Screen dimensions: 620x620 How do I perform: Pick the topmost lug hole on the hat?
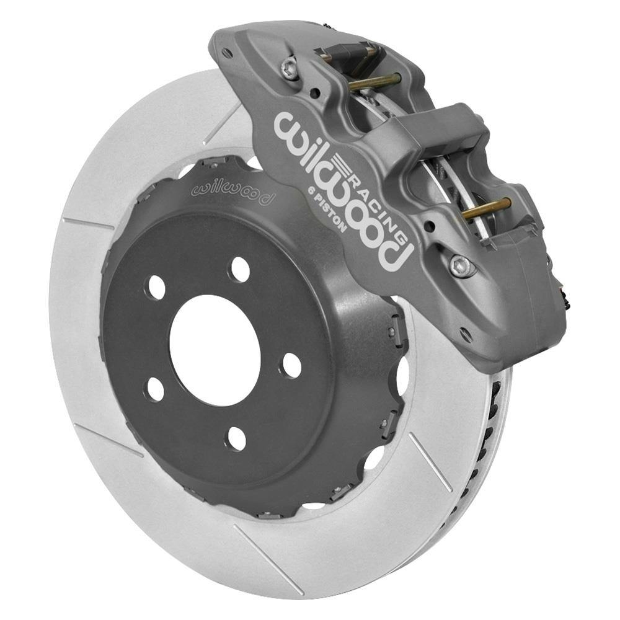(x=239, y=269)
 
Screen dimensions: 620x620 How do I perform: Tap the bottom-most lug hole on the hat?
(x=236, y=438)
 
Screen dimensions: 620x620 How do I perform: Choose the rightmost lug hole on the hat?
(x=290, y=365)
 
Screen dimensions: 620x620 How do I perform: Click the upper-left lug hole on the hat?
(x=156, y=287)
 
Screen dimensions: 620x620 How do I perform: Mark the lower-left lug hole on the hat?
(x=154, y=389)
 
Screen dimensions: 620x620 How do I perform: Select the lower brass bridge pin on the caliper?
(x=487, y=208)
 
